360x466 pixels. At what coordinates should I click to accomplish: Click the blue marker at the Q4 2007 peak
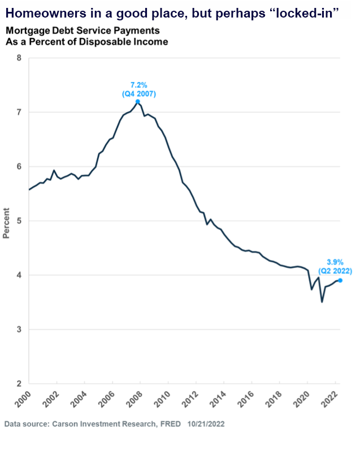(138, 102)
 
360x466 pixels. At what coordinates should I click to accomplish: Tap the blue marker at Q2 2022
(340, 280)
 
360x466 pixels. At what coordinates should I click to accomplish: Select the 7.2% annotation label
(138, 85)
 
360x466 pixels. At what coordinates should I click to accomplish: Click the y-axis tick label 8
(19, 58)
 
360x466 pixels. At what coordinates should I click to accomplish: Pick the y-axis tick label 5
(19, 221)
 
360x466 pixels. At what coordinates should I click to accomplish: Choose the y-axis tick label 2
(19, 384)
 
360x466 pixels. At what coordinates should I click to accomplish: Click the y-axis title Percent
(7, 221)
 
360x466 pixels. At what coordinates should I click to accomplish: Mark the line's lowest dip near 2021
(322, 302)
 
